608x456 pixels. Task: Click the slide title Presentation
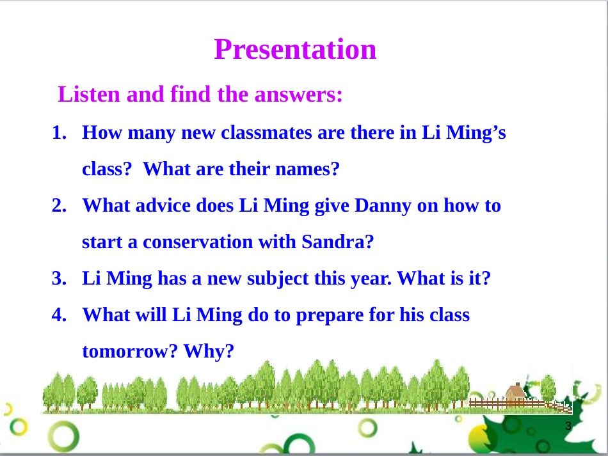[295, 50]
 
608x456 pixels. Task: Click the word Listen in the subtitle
[89, 94]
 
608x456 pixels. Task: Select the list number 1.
[59, 132]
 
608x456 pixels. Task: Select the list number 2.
[59, 205]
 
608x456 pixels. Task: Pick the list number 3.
[59, 278]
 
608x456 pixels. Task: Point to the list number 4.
[59, 315]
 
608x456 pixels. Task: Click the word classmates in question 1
[266, 132]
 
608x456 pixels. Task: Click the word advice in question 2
[163, 205]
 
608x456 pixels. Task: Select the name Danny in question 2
[383, 206]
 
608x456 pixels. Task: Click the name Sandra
[337, 242]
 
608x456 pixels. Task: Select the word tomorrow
[130, 352]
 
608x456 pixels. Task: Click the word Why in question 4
[209, 351]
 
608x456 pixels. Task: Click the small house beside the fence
[516, 392]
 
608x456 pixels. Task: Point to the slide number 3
[568, 426]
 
